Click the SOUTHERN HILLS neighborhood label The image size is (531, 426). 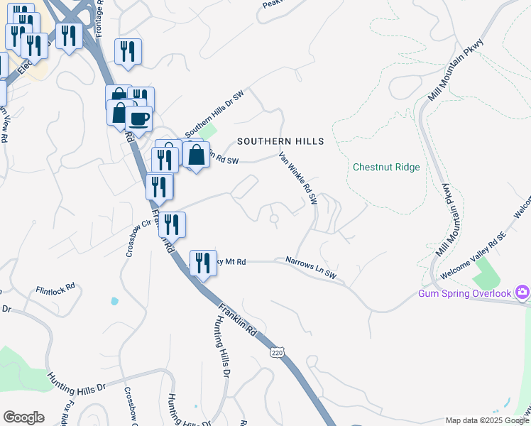point(280,141)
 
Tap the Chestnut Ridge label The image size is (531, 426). point(386,168)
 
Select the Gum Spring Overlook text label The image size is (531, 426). point(465,293)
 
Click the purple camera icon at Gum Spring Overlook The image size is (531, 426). point(523,292)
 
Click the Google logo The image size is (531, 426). point(23,417)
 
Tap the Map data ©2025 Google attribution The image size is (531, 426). point(487,420)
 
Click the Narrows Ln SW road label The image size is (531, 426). point(311,266)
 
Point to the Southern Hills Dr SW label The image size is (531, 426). point(214,114)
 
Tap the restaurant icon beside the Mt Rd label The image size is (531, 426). point(203,262)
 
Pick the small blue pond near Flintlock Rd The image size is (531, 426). point(114,301)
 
